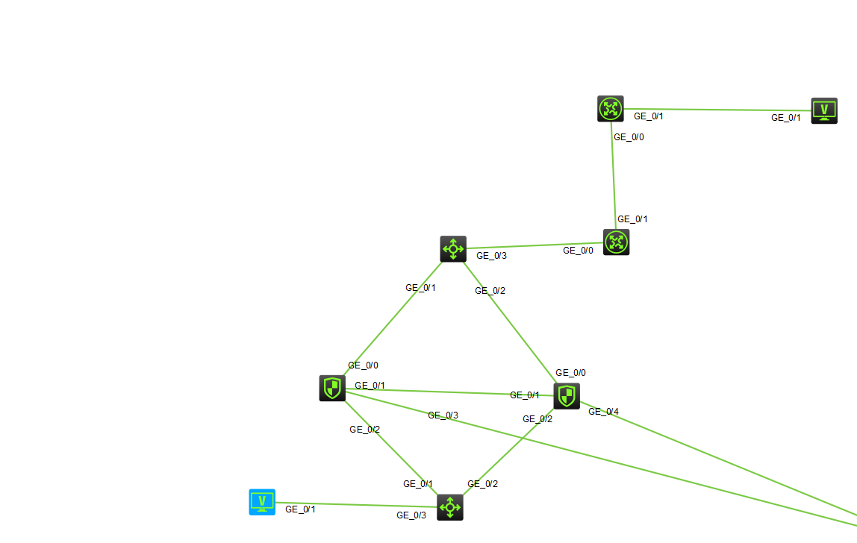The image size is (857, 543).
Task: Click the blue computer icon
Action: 262,502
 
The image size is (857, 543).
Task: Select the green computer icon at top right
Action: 824,110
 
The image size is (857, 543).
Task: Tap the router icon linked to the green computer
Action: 611,109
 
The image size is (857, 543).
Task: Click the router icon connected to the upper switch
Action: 616,242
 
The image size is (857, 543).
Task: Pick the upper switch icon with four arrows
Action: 453,249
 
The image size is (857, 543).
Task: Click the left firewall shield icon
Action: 332,388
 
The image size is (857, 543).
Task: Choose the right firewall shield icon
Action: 567,396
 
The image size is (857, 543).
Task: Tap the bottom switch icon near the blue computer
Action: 450,507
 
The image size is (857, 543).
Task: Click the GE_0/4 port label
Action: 603,411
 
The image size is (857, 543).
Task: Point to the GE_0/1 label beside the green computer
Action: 785,118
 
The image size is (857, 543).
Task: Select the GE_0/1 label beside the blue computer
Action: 300,509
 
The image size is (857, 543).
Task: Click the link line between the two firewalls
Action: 448,392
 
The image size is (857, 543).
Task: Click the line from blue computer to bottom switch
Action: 351,505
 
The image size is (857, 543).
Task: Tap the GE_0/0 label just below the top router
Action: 629,137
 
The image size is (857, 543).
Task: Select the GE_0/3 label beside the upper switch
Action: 491,256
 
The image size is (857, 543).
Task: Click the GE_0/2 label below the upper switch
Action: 490,291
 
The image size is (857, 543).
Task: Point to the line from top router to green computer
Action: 717,110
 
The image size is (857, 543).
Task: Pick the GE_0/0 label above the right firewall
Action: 570,373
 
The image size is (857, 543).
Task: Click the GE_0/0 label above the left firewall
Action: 363,365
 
